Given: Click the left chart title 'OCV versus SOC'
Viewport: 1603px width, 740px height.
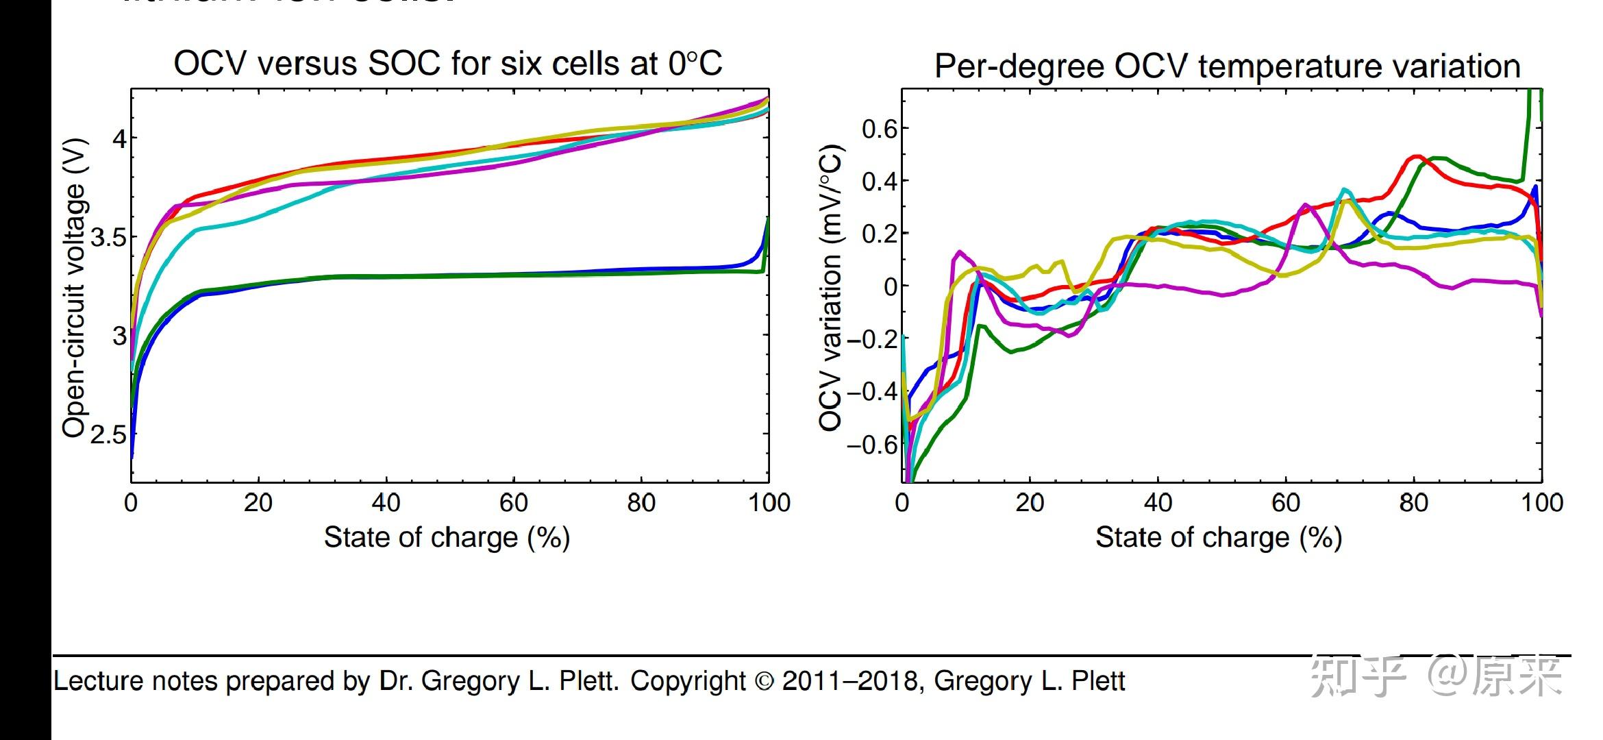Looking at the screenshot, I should pos(447,64).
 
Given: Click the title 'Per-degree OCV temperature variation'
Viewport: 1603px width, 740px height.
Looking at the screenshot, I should pos(1227,66).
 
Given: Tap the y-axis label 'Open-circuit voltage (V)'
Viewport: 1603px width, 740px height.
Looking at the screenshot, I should pos(75,288).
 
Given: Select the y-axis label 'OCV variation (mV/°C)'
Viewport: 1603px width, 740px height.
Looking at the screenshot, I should pos(830,288).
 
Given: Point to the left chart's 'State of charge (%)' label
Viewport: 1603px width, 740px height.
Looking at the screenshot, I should pos(447,538).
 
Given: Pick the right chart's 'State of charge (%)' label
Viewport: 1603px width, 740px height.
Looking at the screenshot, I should pos(1218,538).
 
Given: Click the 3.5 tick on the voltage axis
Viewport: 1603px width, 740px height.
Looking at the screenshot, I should pos(108,237).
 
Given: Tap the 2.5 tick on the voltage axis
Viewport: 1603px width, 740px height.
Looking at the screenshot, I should pos(108,434).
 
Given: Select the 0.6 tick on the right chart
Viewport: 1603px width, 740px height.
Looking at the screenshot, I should pos(879,128).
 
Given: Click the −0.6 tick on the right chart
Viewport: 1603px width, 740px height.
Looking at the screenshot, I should pos(872,445).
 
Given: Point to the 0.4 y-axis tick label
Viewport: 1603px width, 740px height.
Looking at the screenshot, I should pos(879,181).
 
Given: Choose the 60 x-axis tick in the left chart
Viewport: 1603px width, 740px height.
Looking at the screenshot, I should pos(514,503).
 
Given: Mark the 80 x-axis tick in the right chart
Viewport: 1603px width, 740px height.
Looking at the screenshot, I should pos(1413,503).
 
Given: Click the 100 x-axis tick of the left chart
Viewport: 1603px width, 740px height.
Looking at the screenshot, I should pos(769,503).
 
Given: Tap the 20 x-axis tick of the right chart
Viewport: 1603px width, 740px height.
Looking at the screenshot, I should pos(1030,503).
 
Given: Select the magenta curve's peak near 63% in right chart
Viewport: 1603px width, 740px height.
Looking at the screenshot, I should pos(1304,204).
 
